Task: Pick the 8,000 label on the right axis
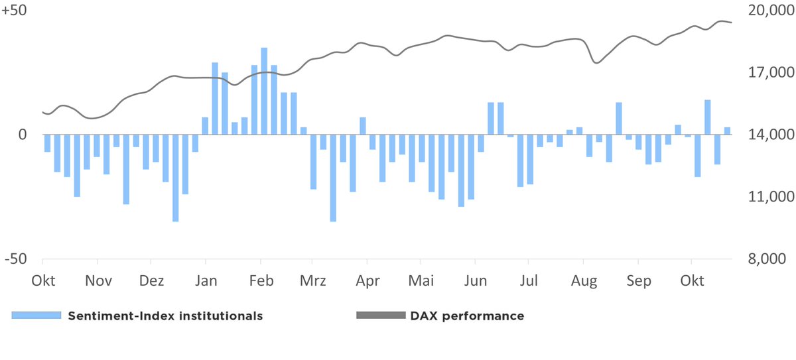coord(770,259)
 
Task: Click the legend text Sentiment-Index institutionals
coord(165,316)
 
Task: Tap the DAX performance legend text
coord(467,316)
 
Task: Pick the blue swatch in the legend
coord(36,316)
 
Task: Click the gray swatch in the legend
coord(380,316)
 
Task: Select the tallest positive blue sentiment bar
coord(264,91)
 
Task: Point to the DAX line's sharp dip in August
coord(596,62)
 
